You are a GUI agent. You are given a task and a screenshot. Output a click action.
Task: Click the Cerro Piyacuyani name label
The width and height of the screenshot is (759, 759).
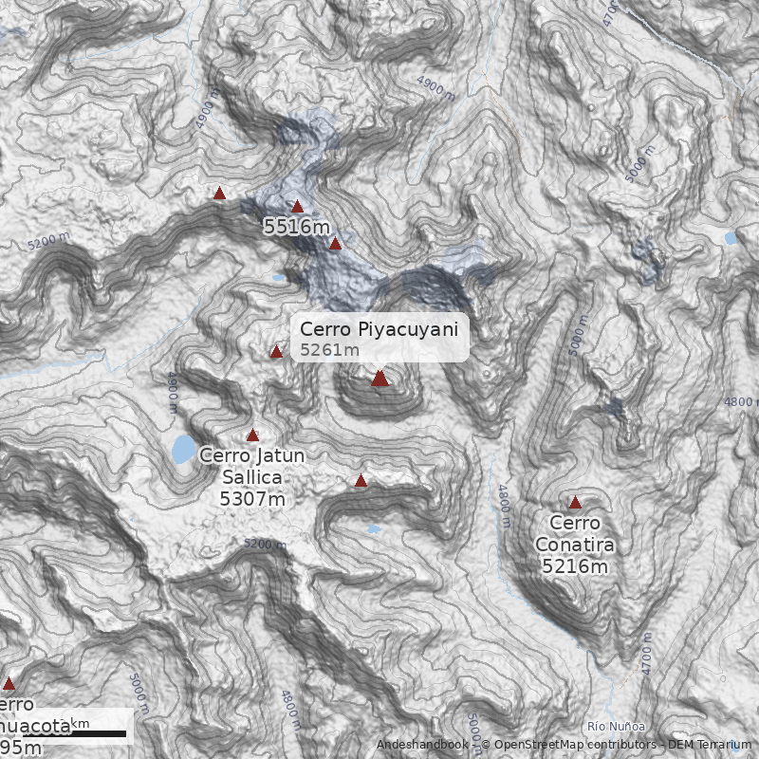379,329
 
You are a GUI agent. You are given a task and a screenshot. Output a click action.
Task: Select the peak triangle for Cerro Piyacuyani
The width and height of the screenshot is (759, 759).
380,379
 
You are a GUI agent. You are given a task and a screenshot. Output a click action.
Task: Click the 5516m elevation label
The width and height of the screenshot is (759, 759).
297,227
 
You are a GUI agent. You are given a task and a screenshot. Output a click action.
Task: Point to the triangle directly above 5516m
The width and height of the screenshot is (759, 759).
297,206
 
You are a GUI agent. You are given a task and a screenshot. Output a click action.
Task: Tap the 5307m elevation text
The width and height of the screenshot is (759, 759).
252,498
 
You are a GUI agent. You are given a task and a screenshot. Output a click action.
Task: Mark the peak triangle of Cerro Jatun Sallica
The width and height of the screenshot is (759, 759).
252,435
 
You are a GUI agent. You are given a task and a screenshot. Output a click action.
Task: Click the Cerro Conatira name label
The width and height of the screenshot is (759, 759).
575,534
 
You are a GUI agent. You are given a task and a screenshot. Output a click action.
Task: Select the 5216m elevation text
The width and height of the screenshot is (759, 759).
575,566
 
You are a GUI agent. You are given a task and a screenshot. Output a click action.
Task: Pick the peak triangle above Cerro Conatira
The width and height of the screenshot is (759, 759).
575,502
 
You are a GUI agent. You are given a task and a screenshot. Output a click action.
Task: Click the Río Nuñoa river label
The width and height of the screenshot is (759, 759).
609,726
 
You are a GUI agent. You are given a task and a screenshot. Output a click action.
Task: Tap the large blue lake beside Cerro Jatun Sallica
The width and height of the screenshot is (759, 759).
183,449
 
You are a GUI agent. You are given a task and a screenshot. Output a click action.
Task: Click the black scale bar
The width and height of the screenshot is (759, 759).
75,734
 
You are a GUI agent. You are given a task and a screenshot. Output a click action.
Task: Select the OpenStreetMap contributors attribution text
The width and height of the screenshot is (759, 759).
569,745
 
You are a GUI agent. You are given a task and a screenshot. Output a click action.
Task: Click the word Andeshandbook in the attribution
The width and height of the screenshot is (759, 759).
421,745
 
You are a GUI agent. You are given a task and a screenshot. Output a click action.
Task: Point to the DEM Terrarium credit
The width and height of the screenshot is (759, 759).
703,745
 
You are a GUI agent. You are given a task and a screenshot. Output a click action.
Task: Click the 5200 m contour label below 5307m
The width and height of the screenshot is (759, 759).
264,544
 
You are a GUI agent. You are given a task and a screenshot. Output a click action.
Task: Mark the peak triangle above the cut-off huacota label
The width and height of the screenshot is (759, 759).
9,683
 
